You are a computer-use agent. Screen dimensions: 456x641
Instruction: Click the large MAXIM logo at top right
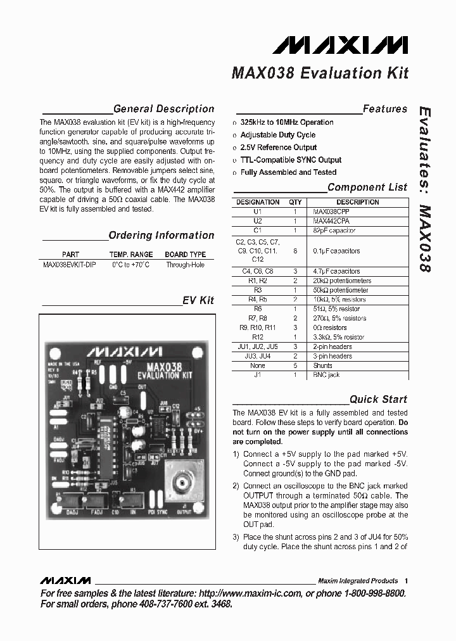click(x=341, y=45)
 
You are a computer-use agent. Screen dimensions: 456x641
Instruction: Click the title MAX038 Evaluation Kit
click(x=320, y=73)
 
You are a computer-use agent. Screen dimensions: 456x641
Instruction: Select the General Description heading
click(x=163, y=109)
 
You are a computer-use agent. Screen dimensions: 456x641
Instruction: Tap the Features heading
click(x=385, y=109)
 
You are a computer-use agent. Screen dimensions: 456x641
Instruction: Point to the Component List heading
click(x=367, y=187)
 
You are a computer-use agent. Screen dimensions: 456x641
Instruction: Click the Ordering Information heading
click(x=161, y=236)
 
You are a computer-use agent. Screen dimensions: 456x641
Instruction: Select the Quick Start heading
click(x=379, y=400)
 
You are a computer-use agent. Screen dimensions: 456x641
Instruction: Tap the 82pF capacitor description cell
click(x=334, y=231)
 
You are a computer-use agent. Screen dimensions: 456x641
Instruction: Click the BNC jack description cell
click(x=326, y=375)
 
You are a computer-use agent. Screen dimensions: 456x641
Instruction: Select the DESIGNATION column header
click(x=258, y=202)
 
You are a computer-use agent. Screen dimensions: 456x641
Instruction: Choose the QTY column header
click(x=295, y=202)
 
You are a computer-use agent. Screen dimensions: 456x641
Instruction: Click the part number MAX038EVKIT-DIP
click(x=70, y=265)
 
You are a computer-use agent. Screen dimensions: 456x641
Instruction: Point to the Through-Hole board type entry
click(x=186, y=265)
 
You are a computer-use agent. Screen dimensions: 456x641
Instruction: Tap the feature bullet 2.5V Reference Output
click(x=279, y=148)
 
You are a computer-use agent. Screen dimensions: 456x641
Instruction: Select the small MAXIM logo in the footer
click(x=65, y=581)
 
